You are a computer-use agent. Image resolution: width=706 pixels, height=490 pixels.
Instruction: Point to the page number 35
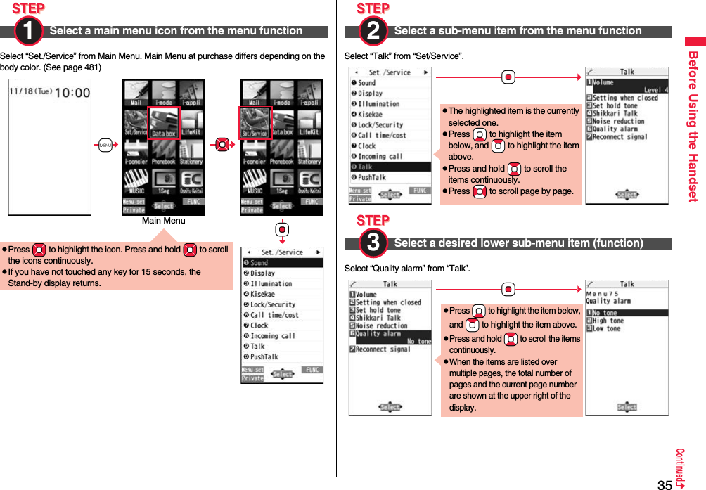click(x=664, y=484)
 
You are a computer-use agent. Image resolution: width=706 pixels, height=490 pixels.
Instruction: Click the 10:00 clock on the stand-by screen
click(x=72, y=92)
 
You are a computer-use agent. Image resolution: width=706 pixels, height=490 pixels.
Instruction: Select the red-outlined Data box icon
click(x=164, y=124)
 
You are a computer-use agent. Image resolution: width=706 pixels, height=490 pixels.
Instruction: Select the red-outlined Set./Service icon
click(x=255, y=124)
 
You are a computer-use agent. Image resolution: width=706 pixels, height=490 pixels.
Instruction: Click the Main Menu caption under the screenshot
click(x=163, y=221)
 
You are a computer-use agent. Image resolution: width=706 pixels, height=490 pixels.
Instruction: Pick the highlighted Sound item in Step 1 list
click(x=281, y=263)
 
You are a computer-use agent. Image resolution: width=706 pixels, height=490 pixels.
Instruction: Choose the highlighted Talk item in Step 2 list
click(x=390, y=167)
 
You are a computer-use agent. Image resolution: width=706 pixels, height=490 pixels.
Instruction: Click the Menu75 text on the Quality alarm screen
click(x=603, y=293)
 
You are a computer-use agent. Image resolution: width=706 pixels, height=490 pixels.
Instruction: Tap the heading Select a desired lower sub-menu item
click(x=518, y=243)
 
